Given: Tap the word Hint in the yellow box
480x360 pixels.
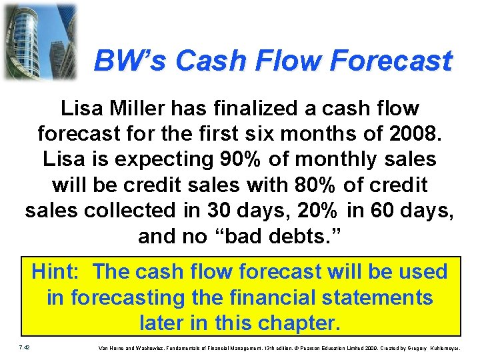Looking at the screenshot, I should (x=57, y=272).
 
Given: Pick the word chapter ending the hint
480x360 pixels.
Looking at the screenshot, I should (x=297, y=323).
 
